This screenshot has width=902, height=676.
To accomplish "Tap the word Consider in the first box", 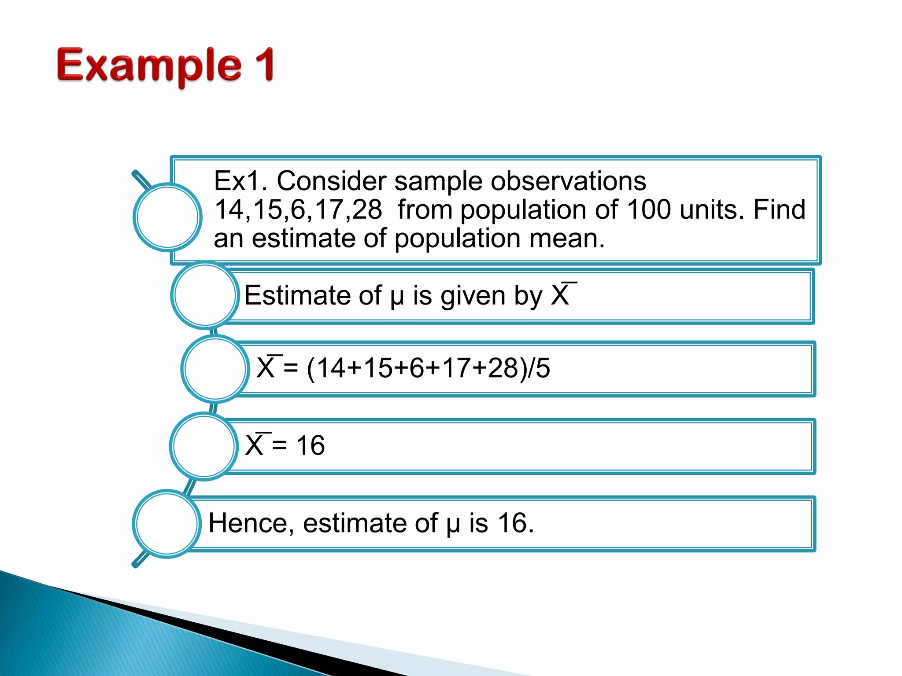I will click(331, 181).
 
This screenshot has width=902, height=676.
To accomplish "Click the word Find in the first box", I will click(779, 209).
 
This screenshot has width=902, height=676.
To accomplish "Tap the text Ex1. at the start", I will click(240, 181).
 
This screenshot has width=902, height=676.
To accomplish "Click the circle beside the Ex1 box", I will click(167, 217).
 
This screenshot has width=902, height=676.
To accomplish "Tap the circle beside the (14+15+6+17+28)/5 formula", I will click(215, 369).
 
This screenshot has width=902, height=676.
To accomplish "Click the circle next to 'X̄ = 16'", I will click(204, 446).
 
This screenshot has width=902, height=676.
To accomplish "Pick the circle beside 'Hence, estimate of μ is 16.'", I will click(167, 524).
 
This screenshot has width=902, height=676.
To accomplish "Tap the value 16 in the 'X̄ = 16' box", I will click(310, 445).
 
